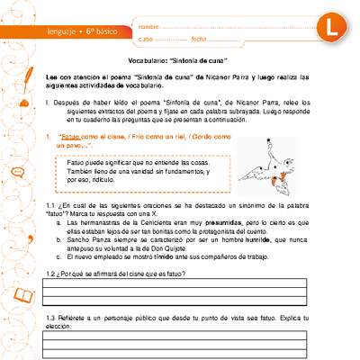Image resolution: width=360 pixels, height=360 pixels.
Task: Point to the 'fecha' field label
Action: [199, 40]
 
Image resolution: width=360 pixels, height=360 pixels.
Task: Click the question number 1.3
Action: [51, 319]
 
